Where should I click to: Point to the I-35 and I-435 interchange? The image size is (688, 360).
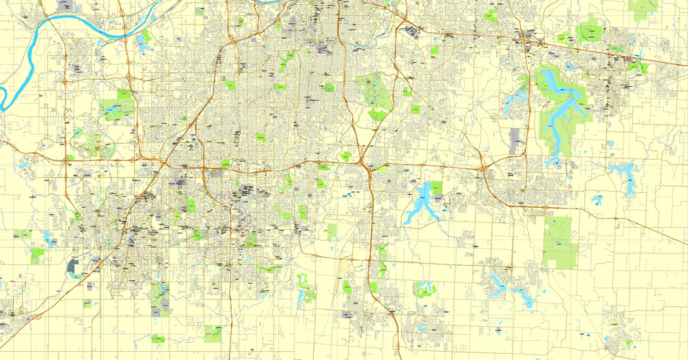click(165, 164)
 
